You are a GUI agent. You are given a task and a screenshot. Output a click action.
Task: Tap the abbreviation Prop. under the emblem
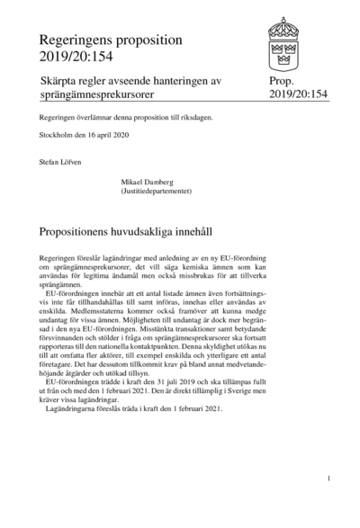(282, 82)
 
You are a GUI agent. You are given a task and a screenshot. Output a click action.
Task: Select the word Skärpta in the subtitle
(61, 82)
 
